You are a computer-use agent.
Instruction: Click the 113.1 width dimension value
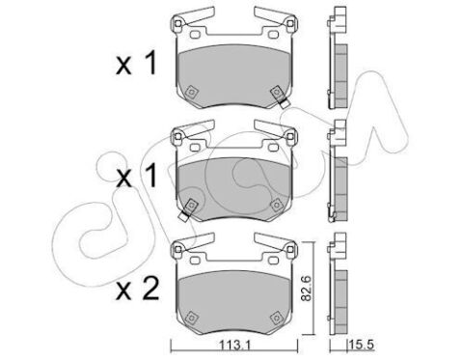point(235,346)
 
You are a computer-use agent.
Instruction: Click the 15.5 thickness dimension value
point(362,346)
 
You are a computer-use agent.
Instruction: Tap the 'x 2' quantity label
point(137,289)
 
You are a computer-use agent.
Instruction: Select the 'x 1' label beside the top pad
point(136,64)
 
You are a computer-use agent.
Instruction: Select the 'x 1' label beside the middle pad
point(136,176)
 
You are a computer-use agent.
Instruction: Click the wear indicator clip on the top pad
point(280,97)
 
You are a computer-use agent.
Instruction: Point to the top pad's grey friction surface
point(234,76)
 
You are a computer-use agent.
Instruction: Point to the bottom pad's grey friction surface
point(234,302)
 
